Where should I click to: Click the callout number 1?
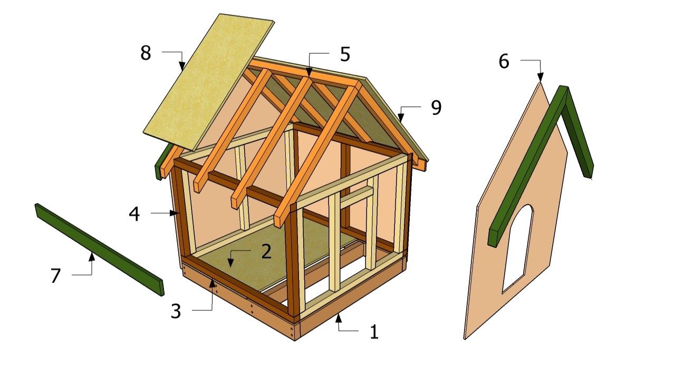[x=374, y=332]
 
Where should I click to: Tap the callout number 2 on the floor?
[x=266, y=251]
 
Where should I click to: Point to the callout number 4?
[x=134, y=214]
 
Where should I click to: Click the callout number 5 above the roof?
[x=345, y=54]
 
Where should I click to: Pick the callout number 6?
[x=504, y=62]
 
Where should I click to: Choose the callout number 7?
[x=56, y=275]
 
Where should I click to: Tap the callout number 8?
[x=146, y=53]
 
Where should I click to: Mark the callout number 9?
[x=436, y=107]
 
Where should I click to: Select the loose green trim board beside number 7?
[x=99, y=249]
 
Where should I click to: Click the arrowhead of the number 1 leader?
[x=339, y=318]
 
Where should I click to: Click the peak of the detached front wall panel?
[x=541, y=83]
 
